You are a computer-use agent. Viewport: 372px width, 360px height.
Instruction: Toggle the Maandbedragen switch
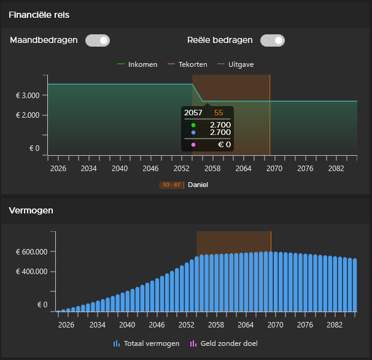click(x=97, y=40)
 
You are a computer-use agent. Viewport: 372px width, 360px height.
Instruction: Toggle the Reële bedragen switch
click(x=272, y=40)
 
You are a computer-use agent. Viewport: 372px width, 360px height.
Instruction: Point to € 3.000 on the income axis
click(x=28, y=96)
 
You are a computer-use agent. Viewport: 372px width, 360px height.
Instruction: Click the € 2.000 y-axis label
click(x=28, y=115)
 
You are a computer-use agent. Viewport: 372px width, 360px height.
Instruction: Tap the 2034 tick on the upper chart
click(x=89, y=168)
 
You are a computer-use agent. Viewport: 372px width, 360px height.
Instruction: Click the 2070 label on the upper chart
click(x=275, y=168)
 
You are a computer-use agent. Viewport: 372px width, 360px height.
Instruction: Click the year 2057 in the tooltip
click(x=193, y=113)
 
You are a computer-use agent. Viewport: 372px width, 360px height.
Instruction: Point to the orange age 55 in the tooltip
click(x=219, y=113)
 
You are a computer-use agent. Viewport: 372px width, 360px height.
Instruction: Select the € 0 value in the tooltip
click(x=225, y=145)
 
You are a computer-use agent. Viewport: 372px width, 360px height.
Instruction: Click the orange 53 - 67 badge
click(x=170, y=185)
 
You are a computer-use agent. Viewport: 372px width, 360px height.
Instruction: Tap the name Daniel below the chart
click(x=198, y=185)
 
